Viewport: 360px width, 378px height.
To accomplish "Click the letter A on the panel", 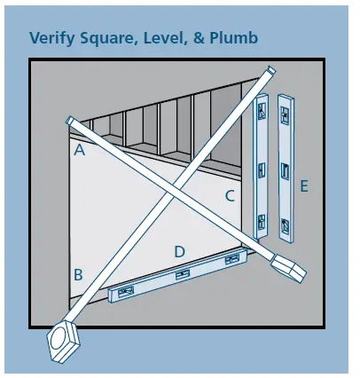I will pyautogui.click(x=79, y=151).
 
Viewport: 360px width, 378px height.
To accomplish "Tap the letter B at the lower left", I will pyautogui.click(x=78, y=274).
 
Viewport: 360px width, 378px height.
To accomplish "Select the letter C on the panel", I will pyautogui.click(x=228, y=196).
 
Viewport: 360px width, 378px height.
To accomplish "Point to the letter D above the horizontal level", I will pyautogui.click(x=179, y=252).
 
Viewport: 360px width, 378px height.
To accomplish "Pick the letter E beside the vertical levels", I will pyautogui.click(x=304, y=186).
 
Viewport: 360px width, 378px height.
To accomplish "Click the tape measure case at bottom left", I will pyautogui.click(x=63, y=340).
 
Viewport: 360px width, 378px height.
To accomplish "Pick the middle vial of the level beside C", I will pyautogui.click(x=262, y=168).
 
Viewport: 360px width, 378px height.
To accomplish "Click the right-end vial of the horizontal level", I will pyautogui.click(x=232, y=259).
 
